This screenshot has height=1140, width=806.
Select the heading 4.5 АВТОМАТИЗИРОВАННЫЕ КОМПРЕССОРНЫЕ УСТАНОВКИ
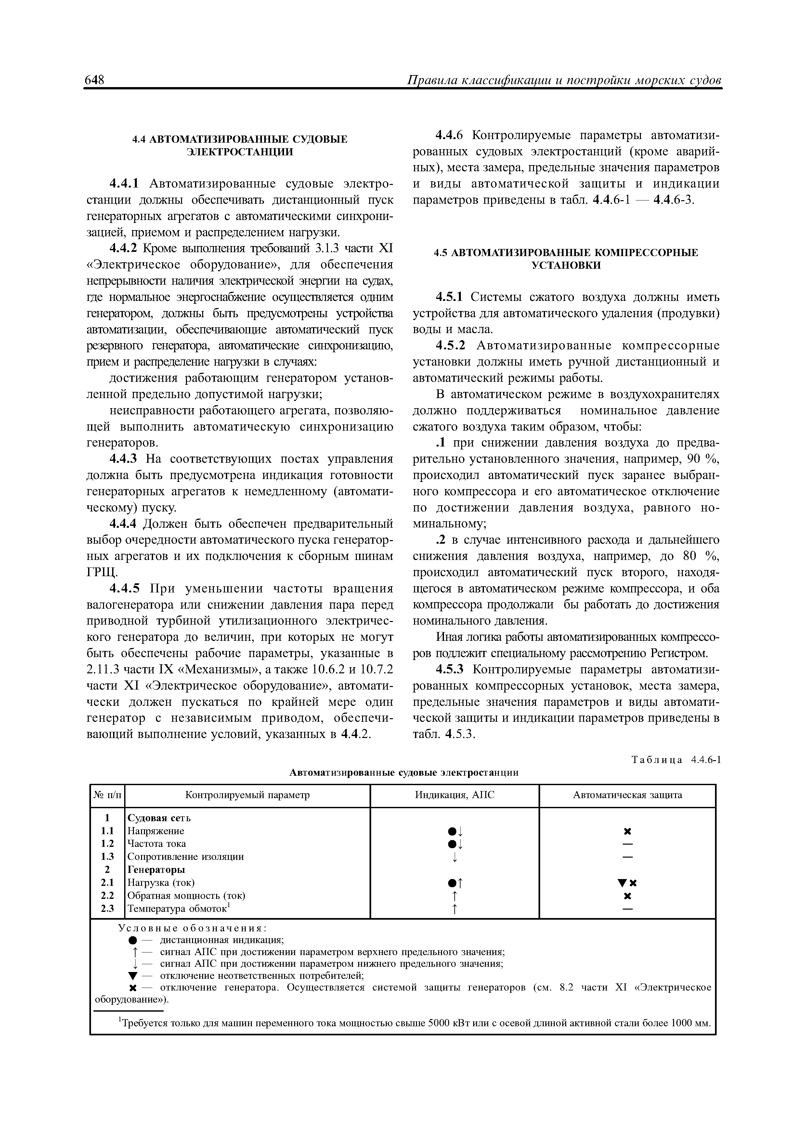point(566,259)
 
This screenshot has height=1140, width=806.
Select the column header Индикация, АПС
point(454,795)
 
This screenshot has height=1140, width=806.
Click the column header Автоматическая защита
point(627,795)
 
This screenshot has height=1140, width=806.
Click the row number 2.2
point(107,895)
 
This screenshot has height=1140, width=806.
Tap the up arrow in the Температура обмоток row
point(454,909)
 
